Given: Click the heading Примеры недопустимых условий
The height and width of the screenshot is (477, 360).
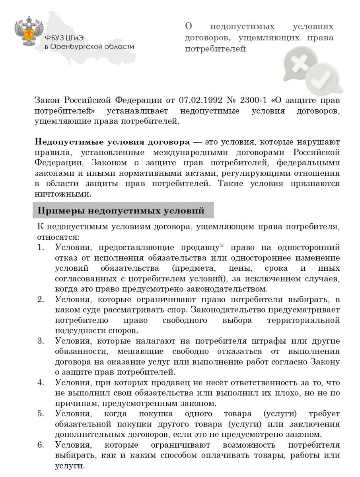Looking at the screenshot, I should point(121,211).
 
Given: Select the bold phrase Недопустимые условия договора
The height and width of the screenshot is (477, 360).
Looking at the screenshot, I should point(112,142).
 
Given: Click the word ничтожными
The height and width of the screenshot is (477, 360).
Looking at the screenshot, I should point(63,194).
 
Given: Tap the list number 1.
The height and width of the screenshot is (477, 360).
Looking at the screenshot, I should point(41,247).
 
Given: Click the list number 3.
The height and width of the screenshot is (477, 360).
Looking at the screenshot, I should point(41,341).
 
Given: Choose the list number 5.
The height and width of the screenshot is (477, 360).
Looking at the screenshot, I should point(41,413).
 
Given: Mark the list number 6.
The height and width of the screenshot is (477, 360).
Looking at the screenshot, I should point(41,444).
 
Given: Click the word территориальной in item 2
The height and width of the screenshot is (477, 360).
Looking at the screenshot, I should point(306,320).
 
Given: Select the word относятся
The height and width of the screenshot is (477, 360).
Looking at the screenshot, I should point(58,237).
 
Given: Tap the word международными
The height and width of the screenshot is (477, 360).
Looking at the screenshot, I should point(185,152).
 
